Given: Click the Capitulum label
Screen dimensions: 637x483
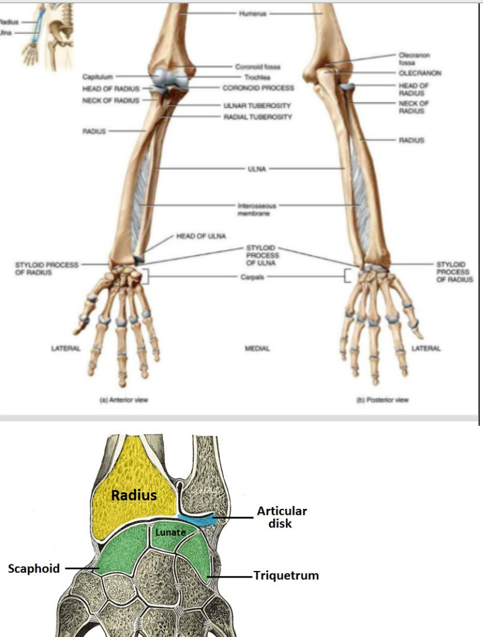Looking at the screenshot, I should pyautogui.click(x=98, y=76).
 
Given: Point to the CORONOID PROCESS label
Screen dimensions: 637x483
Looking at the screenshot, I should pyautogui.click(x=258, y=87).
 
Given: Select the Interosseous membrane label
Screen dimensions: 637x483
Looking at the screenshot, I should pyautogui.click(x=254, y=208).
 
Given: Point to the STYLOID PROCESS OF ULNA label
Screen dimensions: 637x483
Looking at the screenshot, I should pyautogui.click(x=262, y=255).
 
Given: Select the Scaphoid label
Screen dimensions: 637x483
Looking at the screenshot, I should pyautogui.click(x=34, y=568).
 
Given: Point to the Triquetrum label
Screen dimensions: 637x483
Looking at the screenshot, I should pyautogui.click(x=286, y=576).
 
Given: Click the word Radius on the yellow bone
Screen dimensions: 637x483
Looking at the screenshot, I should pyautogui.click(x=134, y=495).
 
